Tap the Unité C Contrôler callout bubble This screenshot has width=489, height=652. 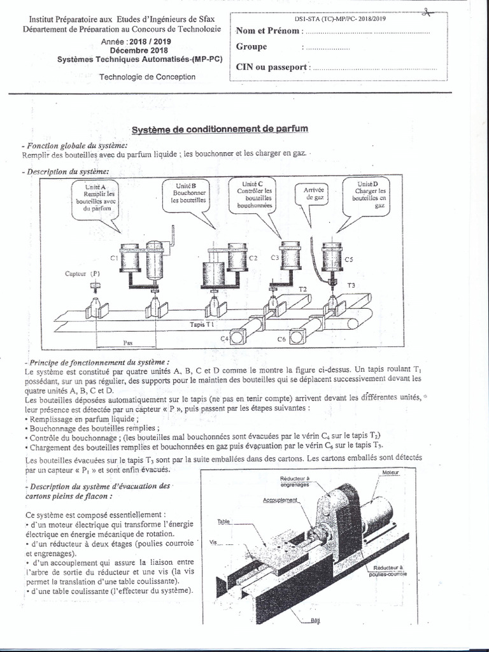coord(255,195)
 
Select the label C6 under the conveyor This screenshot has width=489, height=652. coord(281,339)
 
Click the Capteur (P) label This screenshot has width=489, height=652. coord(83,273)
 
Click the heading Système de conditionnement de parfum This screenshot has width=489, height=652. coord(220,129)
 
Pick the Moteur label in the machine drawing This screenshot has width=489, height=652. coord(390,472)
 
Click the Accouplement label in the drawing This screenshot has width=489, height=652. coord(281,500)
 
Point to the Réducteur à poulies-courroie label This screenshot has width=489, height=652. coord(392,570)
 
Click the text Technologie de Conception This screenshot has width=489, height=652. coord(148,77)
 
